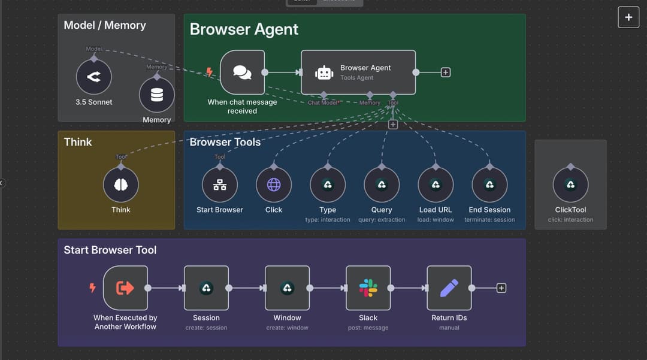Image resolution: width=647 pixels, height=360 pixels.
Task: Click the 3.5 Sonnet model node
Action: [93, 77]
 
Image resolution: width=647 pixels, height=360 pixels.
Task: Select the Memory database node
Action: [157, 95]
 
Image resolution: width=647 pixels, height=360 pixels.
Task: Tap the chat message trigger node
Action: [242, 72]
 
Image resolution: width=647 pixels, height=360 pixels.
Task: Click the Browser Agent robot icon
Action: [324, 72]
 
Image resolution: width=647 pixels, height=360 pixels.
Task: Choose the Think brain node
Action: [121, 184]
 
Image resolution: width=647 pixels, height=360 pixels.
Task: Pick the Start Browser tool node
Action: [220, 184]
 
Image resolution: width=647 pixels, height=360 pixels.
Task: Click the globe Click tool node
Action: [274, 184]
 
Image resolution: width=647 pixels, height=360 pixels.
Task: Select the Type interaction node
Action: [328, 184]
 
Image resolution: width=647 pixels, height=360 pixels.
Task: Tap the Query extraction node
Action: [382, 184]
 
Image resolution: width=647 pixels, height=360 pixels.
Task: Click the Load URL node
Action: [436, 184]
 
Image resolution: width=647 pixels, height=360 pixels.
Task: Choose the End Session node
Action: [489, 184]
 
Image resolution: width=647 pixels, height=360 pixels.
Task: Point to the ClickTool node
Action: [570, 184]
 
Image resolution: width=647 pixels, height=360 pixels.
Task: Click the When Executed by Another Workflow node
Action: [125, 288]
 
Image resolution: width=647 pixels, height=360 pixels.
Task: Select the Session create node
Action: [206, 288]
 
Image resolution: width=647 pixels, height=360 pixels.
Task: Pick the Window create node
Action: [287, 288]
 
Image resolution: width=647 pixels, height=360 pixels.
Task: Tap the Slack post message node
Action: [368, 288]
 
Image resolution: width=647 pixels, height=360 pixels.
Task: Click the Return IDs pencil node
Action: [449, 288]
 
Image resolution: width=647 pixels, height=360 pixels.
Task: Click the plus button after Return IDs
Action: [501, 288]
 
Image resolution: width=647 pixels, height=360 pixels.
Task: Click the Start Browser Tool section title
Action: [110, 250]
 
